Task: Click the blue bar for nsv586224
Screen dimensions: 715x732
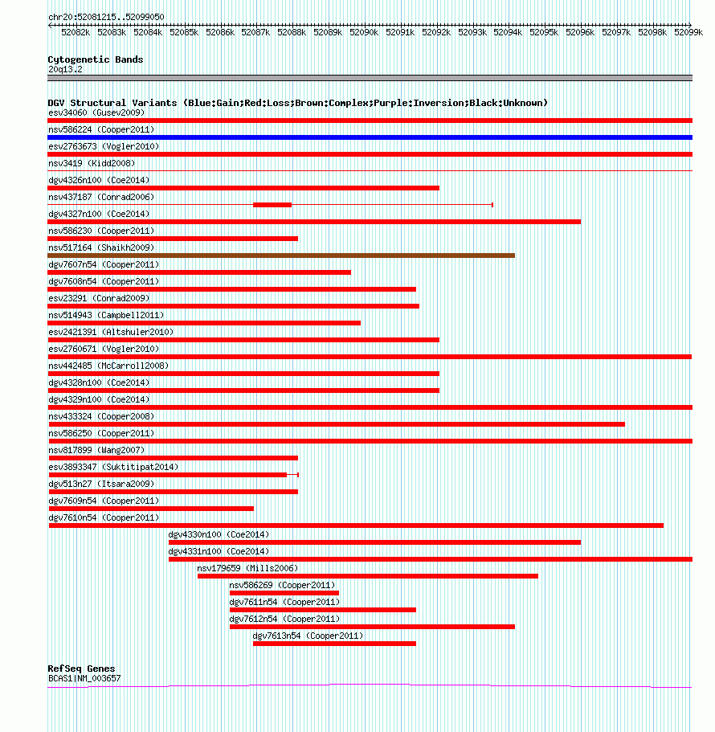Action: click(370, 137)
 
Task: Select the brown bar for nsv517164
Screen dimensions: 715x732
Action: click(281, 256)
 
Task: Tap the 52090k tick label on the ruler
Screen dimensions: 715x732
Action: click(364, 32)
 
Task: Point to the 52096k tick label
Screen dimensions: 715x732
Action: click(580, 32)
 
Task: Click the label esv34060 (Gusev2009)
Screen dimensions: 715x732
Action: click(96, 112)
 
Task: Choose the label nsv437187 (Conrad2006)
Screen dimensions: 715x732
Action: click(101, 197)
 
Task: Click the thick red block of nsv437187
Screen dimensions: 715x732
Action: click(272, 205)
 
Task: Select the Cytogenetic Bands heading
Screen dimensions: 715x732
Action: click(96, 59)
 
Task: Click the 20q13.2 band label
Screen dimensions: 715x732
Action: click(65, 70)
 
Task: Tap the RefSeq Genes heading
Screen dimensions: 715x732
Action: click(81, 669)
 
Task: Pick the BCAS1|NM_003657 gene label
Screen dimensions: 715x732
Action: click(84, 678)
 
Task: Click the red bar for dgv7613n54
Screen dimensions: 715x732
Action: click(334, 644)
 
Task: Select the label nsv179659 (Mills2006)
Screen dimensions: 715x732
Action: click(247, 568)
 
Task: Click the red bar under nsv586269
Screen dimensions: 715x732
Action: click(284, 593)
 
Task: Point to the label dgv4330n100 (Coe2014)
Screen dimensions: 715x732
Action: click(219, 534)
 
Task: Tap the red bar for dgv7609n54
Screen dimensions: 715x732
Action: click(151, 509)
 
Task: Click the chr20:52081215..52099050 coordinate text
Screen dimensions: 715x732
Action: click(106, 17)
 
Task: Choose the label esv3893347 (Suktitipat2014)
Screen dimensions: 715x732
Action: click(113, 467)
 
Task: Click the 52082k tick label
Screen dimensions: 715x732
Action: click(76, 32)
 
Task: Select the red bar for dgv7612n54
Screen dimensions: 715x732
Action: click(372, 627)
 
